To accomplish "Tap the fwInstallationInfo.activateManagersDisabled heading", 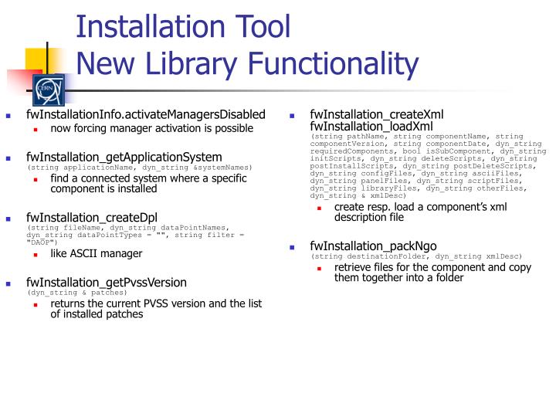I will (145, 115).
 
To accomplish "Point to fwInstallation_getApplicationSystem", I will (124, 158).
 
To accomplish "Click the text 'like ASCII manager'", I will (96, 253).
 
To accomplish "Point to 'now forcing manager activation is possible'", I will (151, 128).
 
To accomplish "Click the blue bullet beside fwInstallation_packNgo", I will (293, 248).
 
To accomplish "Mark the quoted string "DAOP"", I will (42, 242).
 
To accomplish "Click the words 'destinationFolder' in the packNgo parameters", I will (383, 256).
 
